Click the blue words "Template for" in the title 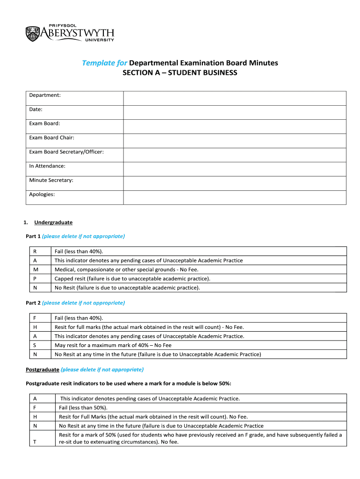[x=105, y=63]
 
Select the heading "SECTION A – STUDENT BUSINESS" [x=180, y=73]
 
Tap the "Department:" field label [x=45, y=95]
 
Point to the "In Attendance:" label [x=47, y=166]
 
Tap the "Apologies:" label [x=42, y=194]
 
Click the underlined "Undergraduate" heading [x=53, y=222]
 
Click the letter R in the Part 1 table [x=35, y=252]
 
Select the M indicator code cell [x=36, y=269]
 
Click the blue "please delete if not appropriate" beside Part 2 [x=83, y=303]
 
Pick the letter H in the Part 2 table [x=35, y=327]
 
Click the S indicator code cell [x=35, y=346]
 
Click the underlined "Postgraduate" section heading [x=42, y=370]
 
